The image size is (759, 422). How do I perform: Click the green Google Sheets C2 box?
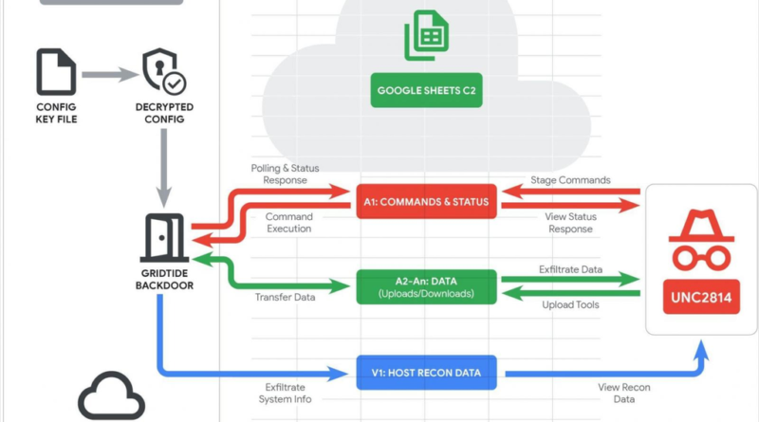tap(425, 92)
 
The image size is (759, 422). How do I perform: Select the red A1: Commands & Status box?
tap(425, 202)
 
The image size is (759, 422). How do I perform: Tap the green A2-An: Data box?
tap(425, 286)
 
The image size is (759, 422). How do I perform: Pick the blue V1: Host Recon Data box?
tap(425, 373)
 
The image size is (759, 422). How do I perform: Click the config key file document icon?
tap(56, 73)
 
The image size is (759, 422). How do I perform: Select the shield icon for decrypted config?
tap(165, 73)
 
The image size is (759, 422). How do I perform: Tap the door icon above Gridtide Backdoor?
tap(164, 234)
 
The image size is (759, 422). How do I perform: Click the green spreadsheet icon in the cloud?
tap(425, 34)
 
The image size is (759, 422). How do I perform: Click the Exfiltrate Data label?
tap(571, 269)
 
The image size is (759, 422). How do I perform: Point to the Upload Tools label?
tap(571, 305)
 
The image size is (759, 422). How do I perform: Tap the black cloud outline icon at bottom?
tap(111, 398)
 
